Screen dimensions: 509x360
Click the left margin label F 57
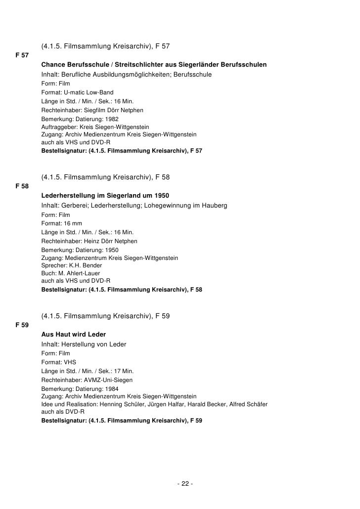[x=22, y=55]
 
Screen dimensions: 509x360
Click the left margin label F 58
[x=22, y=186]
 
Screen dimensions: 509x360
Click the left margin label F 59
[x=22, y=325]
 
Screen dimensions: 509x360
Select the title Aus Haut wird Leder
[x=74, y=335]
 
